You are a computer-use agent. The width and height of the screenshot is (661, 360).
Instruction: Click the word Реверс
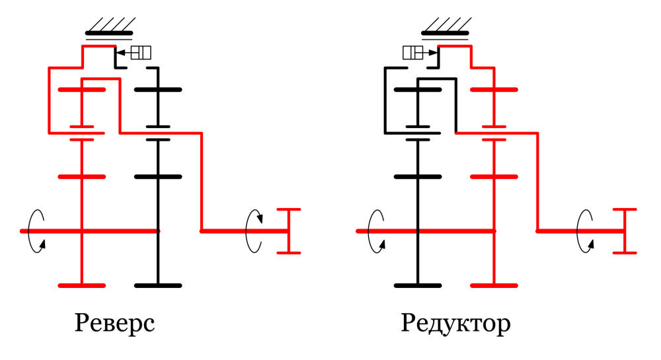point(116,323)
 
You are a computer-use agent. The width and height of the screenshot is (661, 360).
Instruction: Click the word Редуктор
point(455,323)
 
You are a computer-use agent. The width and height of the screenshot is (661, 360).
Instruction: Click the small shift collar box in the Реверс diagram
point(141,52)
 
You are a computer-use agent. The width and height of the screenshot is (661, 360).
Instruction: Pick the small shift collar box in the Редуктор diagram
point(413,52)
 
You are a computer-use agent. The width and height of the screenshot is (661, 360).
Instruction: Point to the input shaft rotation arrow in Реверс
point(37,231)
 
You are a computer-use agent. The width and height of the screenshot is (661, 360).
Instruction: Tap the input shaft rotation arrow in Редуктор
point(375,231)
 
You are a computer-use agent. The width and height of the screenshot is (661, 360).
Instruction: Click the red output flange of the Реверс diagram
point(288,231)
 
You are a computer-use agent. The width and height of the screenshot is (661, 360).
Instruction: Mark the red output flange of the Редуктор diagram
point(625,231)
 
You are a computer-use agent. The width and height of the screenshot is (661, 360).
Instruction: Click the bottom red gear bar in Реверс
point(81,285)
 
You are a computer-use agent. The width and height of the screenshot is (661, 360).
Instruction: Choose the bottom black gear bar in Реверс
point(157,285)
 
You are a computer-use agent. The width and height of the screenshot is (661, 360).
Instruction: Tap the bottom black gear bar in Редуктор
point(418,285)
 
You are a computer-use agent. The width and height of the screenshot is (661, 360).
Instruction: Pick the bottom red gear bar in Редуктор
point(494,285)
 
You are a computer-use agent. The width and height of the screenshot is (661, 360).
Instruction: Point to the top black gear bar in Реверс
point(157,89)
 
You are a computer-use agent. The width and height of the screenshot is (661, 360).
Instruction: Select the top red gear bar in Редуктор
point(494,89)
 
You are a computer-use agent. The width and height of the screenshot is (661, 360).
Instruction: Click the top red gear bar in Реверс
point(81,89)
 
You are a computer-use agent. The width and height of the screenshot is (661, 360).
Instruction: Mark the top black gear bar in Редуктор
point(418,89)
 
